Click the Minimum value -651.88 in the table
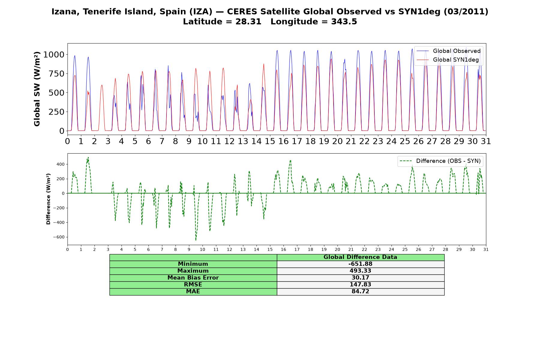360,264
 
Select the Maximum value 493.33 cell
360,271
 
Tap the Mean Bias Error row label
193,278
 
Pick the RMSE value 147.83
360,285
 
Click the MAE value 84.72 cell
360,292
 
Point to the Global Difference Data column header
360,257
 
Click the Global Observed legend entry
449,51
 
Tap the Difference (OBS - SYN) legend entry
440,161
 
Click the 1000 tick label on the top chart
54,55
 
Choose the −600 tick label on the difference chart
59,237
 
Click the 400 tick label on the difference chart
61,164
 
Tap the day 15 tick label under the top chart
270,141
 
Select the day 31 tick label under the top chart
486,141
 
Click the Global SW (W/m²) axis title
37,89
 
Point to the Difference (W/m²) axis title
48,199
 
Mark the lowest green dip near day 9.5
196,240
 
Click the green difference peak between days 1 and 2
88,157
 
